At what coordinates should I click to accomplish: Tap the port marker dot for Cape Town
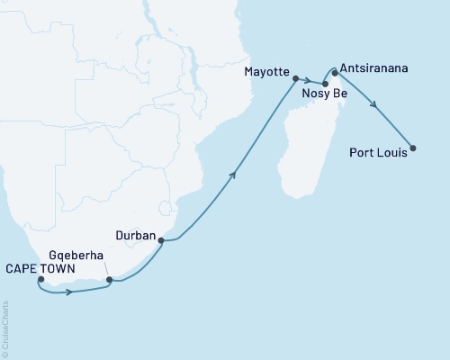click(x=40, y=279)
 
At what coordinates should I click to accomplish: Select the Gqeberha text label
click(x=83, y=256)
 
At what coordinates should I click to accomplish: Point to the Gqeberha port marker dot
click(x=110, y=280)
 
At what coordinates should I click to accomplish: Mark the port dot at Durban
click(x=161, y=240)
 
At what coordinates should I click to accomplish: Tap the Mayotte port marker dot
click(x=295, y=78)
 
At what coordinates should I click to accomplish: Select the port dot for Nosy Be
click(x=325, y=83)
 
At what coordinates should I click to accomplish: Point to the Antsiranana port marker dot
click(x=335, y=72)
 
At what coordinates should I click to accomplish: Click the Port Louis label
click(x=377, y=152)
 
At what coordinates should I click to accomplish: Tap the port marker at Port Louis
click(x=413, y=148)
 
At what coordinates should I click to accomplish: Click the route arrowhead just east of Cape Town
click(x=68, y=292)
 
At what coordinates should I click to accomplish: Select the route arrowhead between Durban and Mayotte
click(x=236, y=175)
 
